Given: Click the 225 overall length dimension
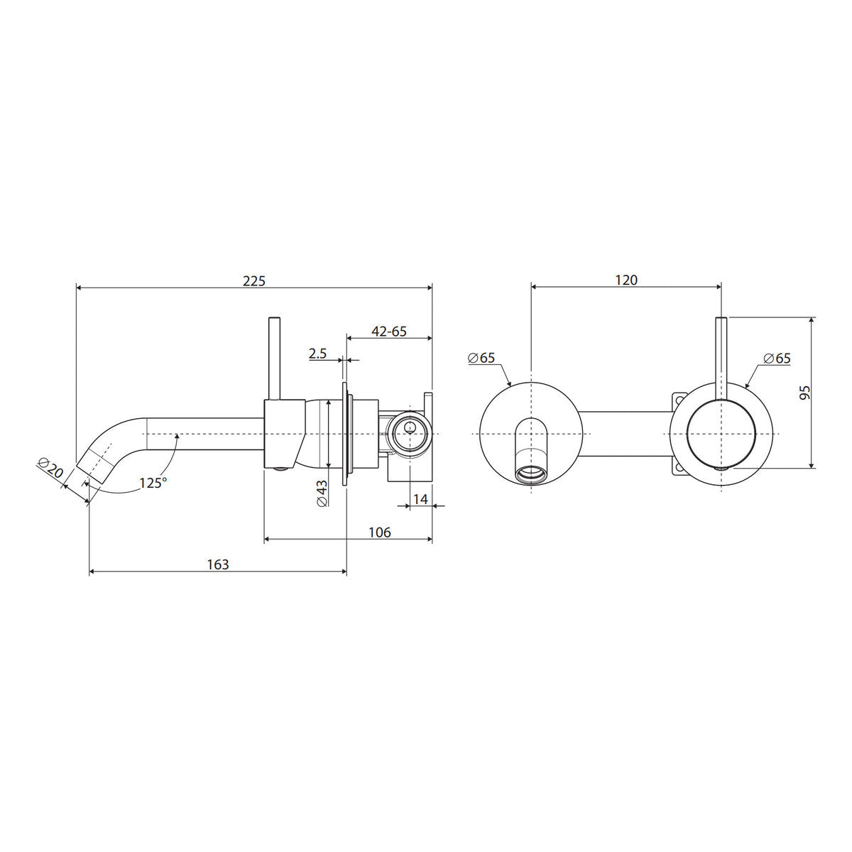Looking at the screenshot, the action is pos(254,280).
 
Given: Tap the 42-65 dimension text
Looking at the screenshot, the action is pos(388,331).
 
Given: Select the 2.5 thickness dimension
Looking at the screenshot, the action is pos(317,354).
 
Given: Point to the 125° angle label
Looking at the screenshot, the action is pos(153,482).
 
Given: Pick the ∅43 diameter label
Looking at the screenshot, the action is pos(322,493).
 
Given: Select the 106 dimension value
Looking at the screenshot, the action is pos(380,532).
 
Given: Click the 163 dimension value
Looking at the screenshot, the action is pos(218,564).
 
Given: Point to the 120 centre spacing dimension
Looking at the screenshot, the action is pos(626,280).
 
